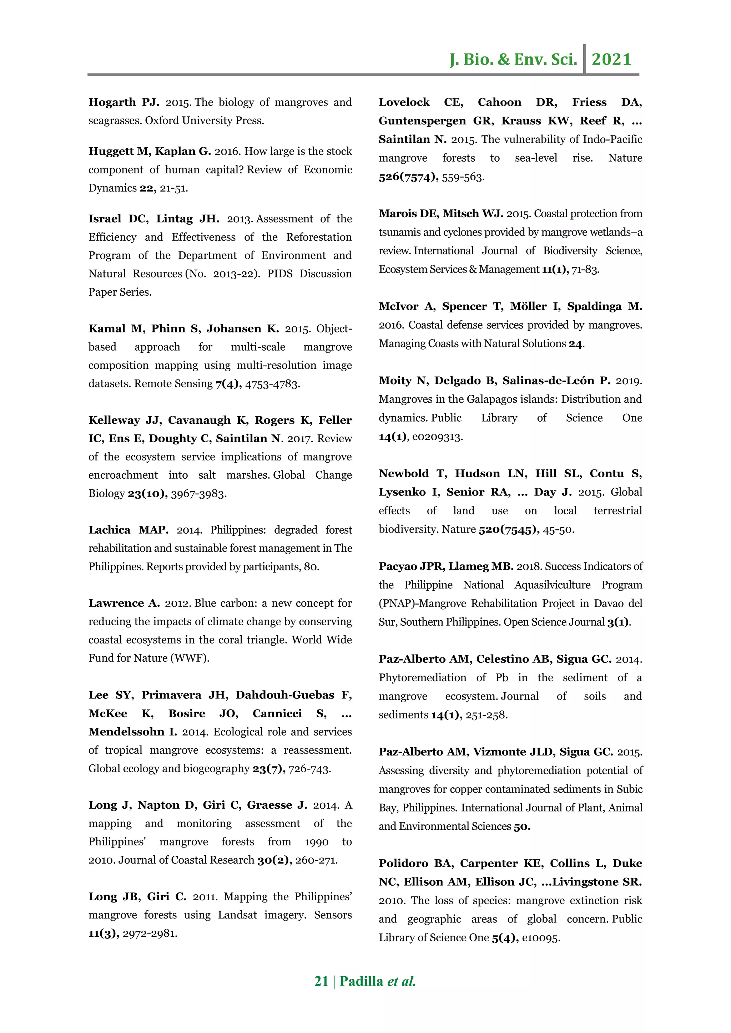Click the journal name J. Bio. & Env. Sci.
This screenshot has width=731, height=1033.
(x=513, y=59)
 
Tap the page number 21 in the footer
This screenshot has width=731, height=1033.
(x=321, y=981)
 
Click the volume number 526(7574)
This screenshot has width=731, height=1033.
(x=408, y=177)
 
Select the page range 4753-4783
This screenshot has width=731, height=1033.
(x=272, y=384)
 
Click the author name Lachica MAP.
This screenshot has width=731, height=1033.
(x=128, y=530)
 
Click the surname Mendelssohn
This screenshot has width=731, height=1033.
(x=127, y=732)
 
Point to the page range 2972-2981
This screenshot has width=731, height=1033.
(x=150, y=933)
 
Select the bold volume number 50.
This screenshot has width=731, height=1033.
(x=522, y=826)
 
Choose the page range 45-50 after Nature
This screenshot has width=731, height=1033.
(x=558, y=530)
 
